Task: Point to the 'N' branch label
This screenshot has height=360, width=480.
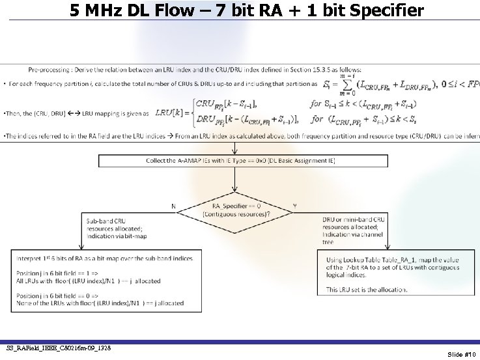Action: point(173,206)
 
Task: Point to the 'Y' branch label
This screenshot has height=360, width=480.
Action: point(294,206)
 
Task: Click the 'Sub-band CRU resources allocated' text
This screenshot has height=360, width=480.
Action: point(111,224)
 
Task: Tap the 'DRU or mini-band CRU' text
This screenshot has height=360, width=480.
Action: point(354,219)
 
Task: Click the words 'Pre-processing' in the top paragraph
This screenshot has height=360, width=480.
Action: point(49,70)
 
